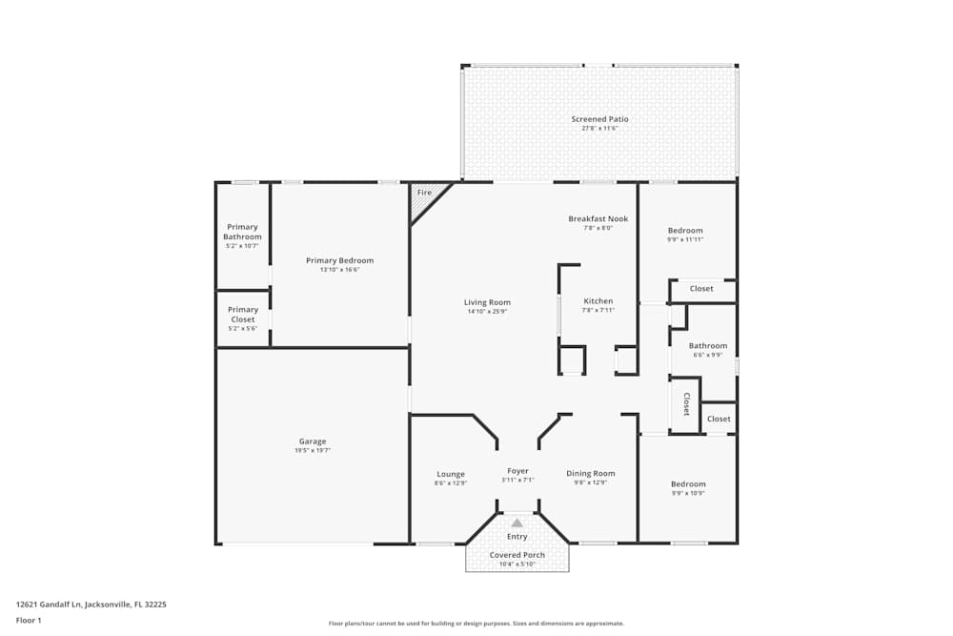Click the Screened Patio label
point(599,119)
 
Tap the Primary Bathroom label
point(242,232)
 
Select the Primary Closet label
point(243,314)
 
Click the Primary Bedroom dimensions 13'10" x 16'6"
point(339,270)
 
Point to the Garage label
point(313,441)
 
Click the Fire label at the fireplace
point(424,193)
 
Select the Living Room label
point(487,302)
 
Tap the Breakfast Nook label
point(598,218)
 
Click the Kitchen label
point(598,301)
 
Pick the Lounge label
point(451,474)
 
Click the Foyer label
point(517,471)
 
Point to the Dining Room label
point(591,474)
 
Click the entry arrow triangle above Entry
point(517,523)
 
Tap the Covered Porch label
point(517,555)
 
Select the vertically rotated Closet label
point(685,404)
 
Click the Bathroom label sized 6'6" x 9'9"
point(708,346)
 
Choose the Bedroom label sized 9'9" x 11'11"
point(685,231)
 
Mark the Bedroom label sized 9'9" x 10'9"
point(688,484)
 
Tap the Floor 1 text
point(30,620)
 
